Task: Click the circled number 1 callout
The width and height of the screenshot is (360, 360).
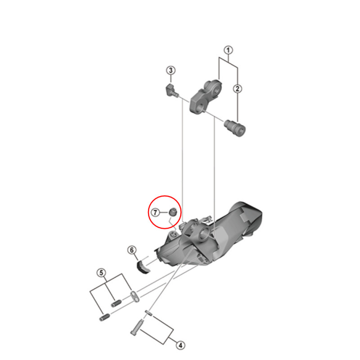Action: click(x=228, y=50)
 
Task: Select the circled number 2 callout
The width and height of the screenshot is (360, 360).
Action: click(x=238, y=89)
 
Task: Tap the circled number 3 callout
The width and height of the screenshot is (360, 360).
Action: click(x=171, y=70)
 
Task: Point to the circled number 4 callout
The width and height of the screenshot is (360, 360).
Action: click(x=180, y=345)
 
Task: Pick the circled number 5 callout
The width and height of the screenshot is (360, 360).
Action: click(x=101, y=273)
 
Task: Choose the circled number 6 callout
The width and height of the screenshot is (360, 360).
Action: click(x=132, y=250)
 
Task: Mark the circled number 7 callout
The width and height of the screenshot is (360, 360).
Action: click(x=155, y=212)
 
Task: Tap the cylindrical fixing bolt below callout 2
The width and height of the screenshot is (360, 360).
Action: click(x=235, y=128)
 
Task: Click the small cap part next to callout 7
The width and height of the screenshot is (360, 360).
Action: click(x=173, y=211)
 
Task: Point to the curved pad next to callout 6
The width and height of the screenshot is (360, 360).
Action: click(x=143, y=266)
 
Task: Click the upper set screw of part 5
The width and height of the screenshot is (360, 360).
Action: click(x=116, y=303)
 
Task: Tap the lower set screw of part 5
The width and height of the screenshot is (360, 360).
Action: click(x=105, y=318)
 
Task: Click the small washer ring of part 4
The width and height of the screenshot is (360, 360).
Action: click(x=148, y=313)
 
